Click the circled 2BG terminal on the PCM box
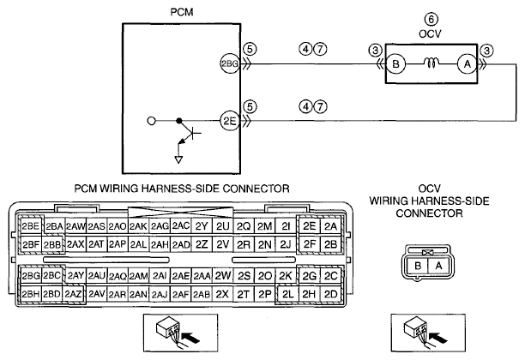coord(229,63)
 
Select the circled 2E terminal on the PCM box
coord(230,121)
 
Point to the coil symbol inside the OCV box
coord(431,63)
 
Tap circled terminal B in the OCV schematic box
coord(395,63)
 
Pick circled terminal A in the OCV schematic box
coord(467,63)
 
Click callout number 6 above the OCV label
coord(431,19)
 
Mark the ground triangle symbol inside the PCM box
coord(178,159)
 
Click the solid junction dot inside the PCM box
coord(179,121)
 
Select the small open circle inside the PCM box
coord(152,121)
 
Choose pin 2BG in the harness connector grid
coord(31,276)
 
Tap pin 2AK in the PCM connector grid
coord(138,226)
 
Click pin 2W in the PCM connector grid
coord(223,276)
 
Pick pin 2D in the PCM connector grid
coord(330,294)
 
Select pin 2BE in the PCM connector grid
coord(31,226)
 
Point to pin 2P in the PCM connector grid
coord(264,294)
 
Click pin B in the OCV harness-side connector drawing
coord(417,266)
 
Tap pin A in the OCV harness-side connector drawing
coord(438,266)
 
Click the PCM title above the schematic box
coord(182,12)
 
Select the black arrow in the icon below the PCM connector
coord(190,337)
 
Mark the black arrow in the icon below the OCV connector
coord(437,337)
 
